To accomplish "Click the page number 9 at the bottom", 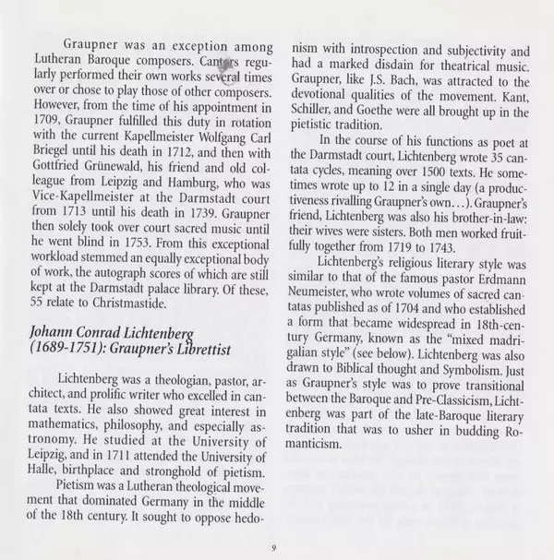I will (275, 546).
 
